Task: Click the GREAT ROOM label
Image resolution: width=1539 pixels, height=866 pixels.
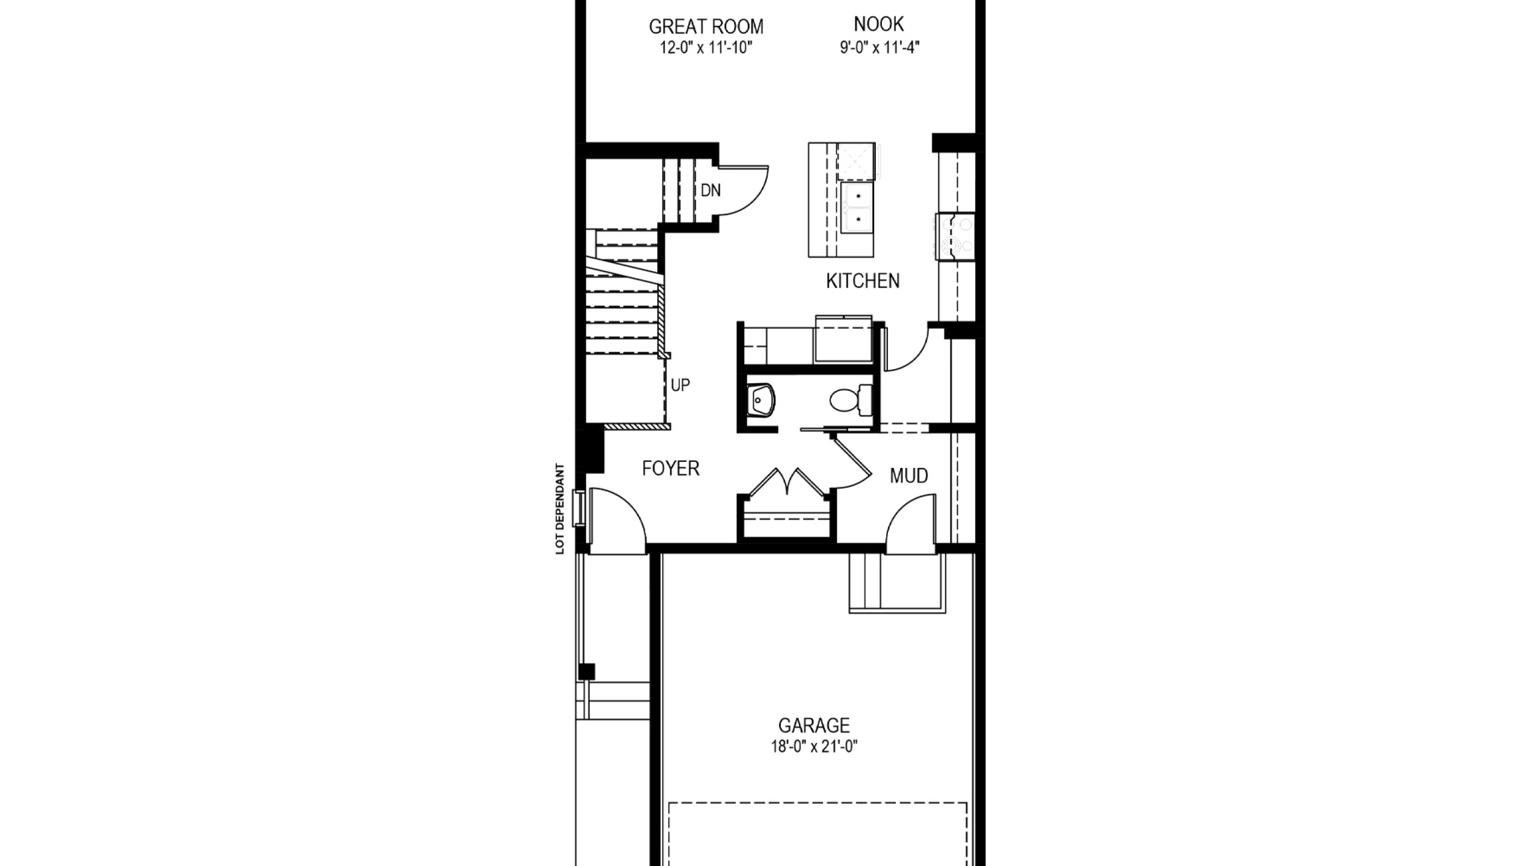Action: (x=706, y=26)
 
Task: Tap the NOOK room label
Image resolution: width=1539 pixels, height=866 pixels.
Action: (x=879, y=24)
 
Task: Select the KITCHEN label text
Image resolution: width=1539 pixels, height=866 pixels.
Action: (x=863, y=281)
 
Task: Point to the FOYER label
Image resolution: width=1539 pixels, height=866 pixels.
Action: (x=670, y=468)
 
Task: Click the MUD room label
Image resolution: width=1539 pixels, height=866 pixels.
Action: (x=909, y=476)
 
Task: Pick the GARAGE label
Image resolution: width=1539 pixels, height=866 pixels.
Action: (x=814, y=725)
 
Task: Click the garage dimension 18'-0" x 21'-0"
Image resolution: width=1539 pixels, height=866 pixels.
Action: (x=814, y=747)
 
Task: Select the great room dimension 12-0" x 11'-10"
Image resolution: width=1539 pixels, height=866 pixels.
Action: (x=706, y=48)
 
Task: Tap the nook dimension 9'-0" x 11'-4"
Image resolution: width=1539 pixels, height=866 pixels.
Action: (x=880, y=47)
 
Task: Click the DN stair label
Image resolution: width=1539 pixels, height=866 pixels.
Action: (x=711, y=191)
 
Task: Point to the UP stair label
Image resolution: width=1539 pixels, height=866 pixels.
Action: (x=680, y=385)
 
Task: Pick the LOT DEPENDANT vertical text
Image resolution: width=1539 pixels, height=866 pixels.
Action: (x=560, y=509)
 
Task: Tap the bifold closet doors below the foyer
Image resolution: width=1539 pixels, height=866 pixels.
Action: (x=785, y=481)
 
